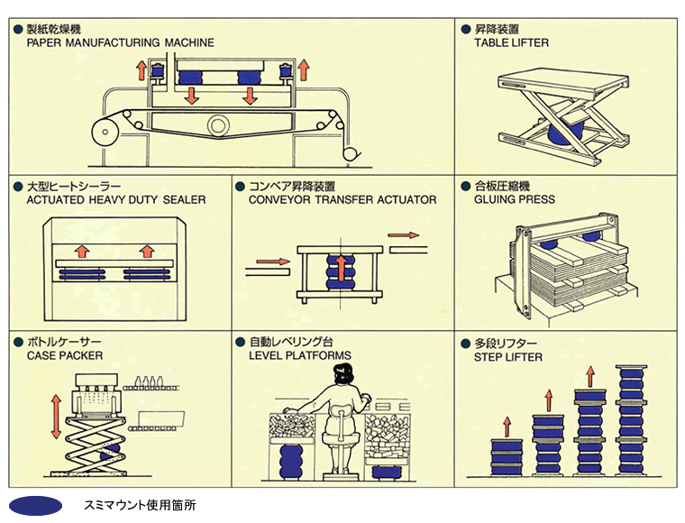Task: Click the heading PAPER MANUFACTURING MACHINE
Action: pyautogui.click(x=121, y=42)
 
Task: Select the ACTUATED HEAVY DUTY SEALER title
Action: pyautogui.click(x=116, y=199)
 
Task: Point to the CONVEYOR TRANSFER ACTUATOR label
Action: pyautogui.click(x=342, y=199)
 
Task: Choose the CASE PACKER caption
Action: pyautogui.click(x=65, y=355)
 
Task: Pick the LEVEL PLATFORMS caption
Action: pyautogui.click(x=300, y=355)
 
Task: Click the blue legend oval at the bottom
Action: pyautogui.click(x=35, y=506)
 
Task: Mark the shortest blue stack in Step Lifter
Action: pyautogui.click(x=507, y=456)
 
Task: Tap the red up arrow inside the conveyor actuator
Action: pyautogui.click(x=342, y=268)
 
